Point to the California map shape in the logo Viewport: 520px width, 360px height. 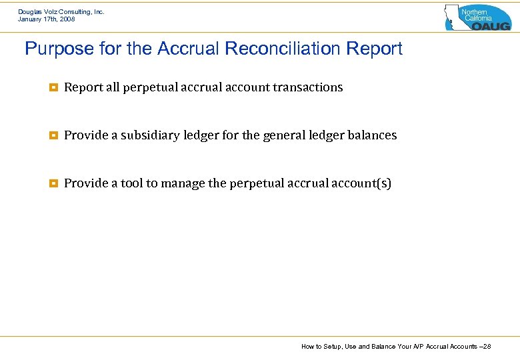tap(453, 17)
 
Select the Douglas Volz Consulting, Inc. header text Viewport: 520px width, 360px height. tap(61, 12)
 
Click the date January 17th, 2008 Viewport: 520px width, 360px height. tap(47, 19)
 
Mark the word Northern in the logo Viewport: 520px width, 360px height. tap(475, 12)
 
